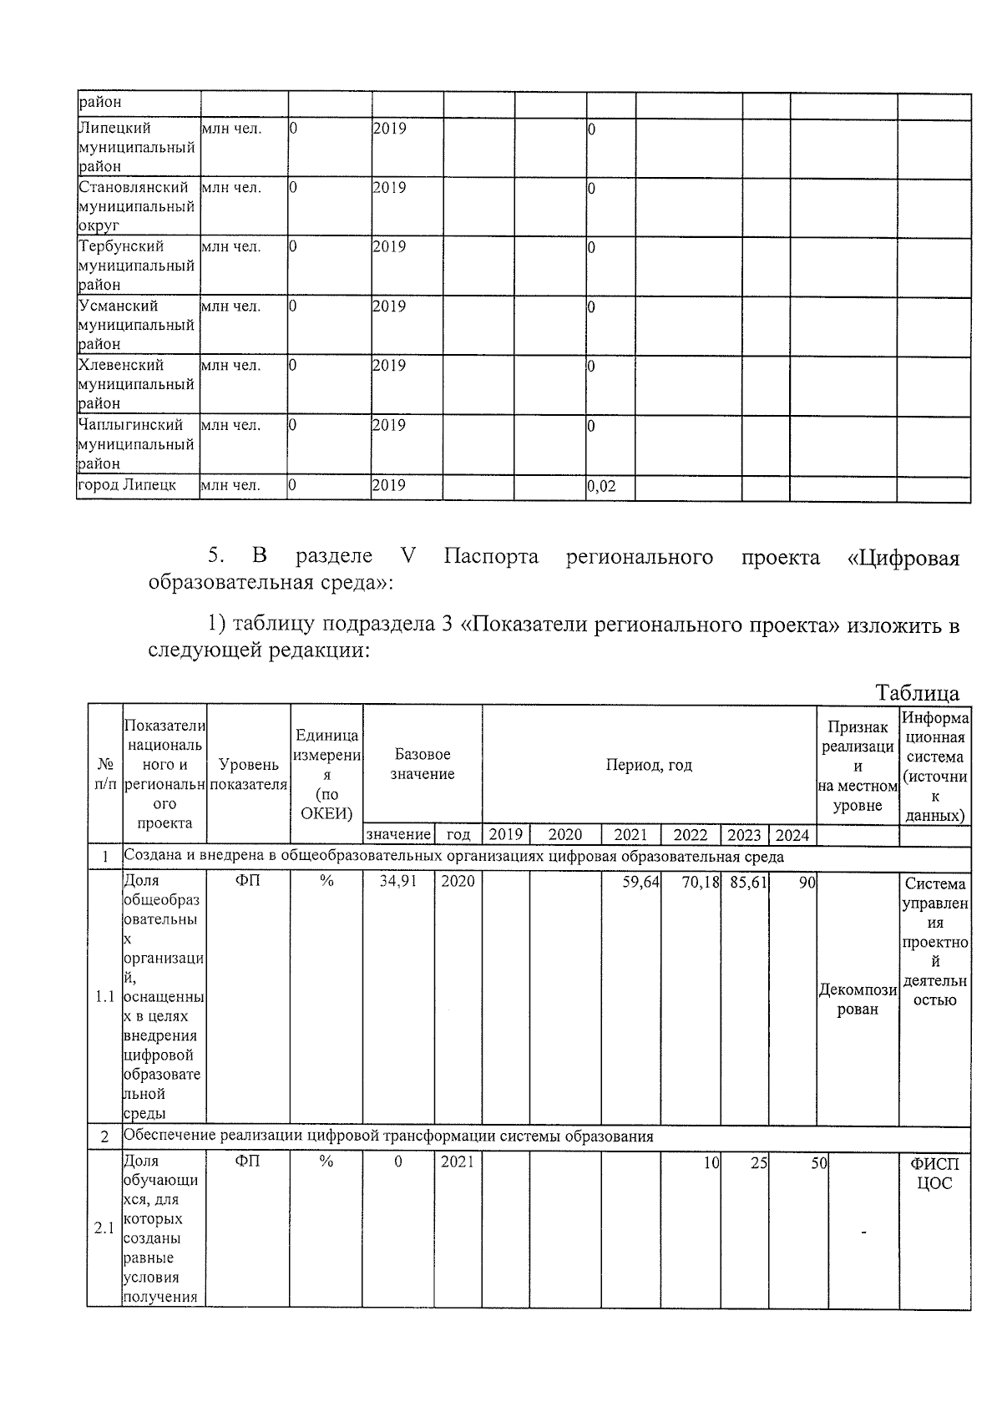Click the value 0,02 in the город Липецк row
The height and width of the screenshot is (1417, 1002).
[602, 486]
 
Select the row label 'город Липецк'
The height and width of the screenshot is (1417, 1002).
[127, 485]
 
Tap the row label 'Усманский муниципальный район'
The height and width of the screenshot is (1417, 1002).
[136, 325]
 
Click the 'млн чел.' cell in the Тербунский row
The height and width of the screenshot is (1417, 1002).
[230, 247]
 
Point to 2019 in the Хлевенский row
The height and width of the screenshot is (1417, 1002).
[389, 366]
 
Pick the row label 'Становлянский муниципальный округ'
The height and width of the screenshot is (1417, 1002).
[136, 206]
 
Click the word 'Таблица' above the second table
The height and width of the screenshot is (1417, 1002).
[917, 693]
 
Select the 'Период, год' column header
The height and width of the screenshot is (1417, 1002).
[649, 765]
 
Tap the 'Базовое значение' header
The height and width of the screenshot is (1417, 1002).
[423, 765]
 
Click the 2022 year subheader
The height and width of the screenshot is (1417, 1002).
[691, 835]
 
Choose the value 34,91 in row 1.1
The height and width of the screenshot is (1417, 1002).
[398, 881]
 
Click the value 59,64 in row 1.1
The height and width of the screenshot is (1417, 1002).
[640, 881]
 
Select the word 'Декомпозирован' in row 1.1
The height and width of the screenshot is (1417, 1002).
[858, 999]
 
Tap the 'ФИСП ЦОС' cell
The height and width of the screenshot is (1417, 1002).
[934, 1173]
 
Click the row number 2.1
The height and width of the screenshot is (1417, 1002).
[104, 1228]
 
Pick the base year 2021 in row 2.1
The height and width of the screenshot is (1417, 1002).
[458, 1161]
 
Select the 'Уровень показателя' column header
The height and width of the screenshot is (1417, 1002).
[248, 774]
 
